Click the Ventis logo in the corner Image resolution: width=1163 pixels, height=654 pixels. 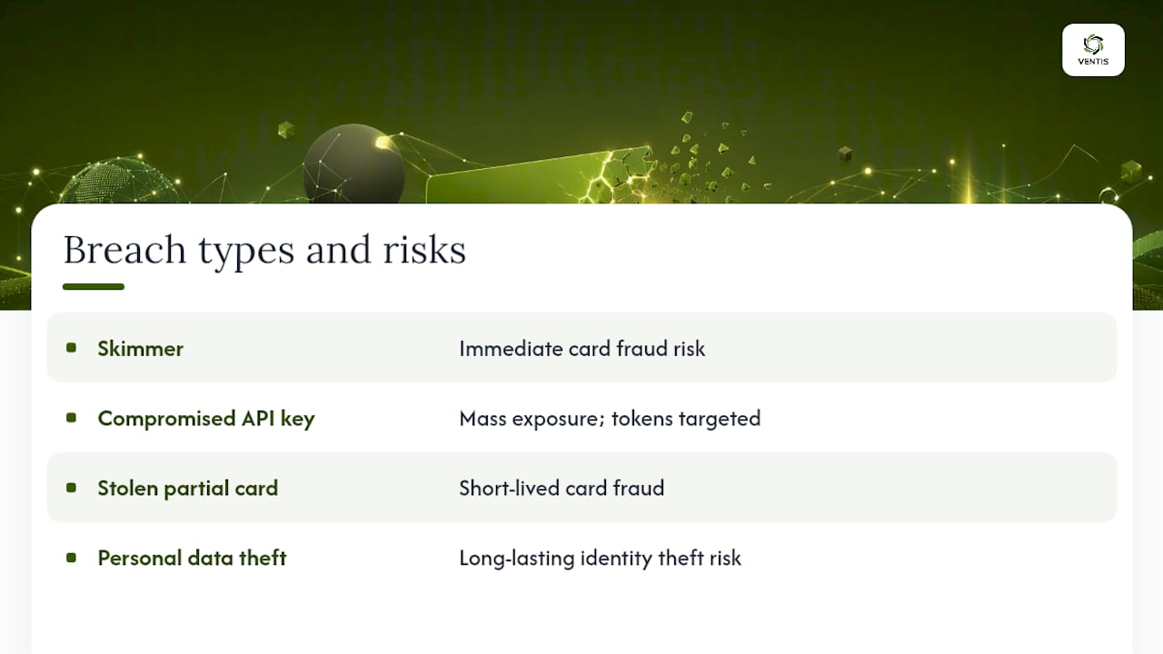point(1093,50)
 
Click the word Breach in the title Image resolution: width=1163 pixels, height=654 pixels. point(124,250)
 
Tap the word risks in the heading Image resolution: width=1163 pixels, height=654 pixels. point(424,250)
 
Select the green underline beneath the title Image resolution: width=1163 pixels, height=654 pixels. point(94,286)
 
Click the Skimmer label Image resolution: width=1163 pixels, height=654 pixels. point(140,348)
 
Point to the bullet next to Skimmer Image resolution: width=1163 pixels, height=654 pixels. point(71,348)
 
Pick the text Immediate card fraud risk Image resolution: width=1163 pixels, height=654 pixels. point(582,348)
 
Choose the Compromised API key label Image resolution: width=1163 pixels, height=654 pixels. point(206,419)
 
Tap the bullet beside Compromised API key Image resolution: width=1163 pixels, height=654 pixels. point(71,418)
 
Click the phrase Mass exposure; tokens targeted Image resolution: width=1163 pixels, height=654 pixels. point(610,419)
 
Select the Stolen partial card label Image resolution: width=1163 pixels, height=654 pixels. point(188,489)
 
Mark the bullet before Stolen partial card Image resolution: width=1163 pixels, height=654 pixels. point(71,488)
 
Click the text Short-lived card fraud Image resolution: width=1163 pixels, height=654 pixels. point(562,489)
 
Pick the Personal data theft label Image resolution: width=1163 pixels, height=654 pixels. point(192,558)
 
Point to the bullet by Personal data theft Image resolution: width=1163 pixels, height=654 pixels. point(71,558)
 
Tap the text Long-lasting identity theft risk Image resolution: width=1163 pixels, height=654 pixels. point(601,559)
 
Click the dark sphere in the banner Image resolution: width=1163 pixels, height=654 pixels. point(354,164)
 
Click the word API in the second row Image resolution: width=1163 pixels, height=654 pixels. point(258,418)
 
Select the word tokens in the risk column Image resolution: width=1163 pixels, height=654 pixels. point(642,419)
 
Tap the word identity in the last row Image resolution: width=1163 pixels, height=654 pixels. point(616,559)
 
